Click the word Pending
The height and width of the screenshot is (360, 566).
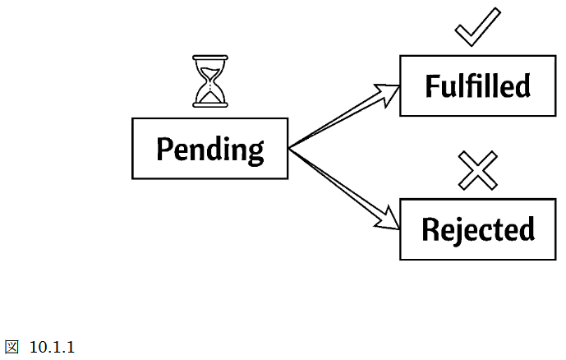click(209, 150)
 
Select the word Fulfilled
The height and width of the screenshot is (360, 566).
click(478, 86)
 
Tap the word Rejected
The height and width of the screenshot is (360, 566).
click(478, 229)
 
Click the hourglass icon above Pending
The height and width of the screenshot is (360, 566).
click(210, 81)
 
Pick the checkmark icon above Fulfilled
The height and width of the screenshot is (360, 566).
click(477, 27)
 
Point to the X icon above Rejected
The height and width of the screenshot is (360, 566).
click(477, 170)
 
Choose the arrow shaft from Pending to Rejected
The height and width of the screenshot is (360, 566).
click(336, 182)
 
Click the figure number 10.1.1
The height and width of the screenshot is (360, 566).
click(52, 348)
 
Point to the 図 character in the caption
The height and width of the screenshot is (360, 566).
click(12, 347)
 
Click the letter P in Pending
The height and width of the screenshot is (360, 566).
click(163, 148)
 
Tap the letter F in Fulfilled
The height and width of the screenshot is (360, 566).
click(432, 85)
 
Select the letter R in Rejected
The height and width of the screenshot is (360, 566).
click(430, 229)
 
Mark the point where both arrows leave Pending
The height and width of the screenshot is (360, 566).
click(289, 148)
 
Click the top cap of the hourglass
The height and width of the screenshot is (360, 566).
click(210, 58)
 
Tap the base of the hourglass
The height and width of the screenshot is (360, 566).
click(210, 105)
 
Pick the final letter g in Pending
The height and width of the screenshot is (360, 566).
click(256, 154)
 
